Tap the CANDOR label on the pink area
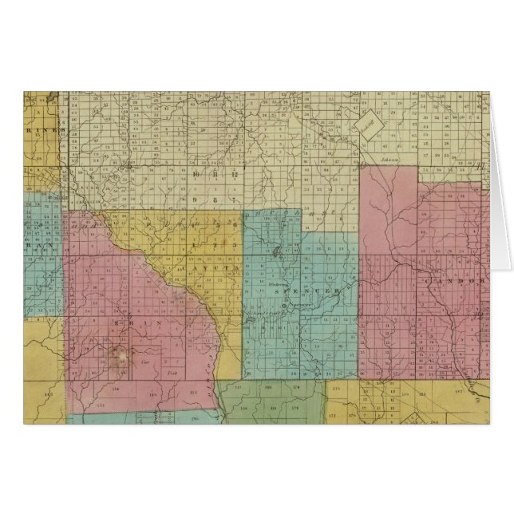click(456, 282)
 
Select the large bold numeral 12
click(235, 174)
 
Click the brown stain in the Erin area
click(121, 351)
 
